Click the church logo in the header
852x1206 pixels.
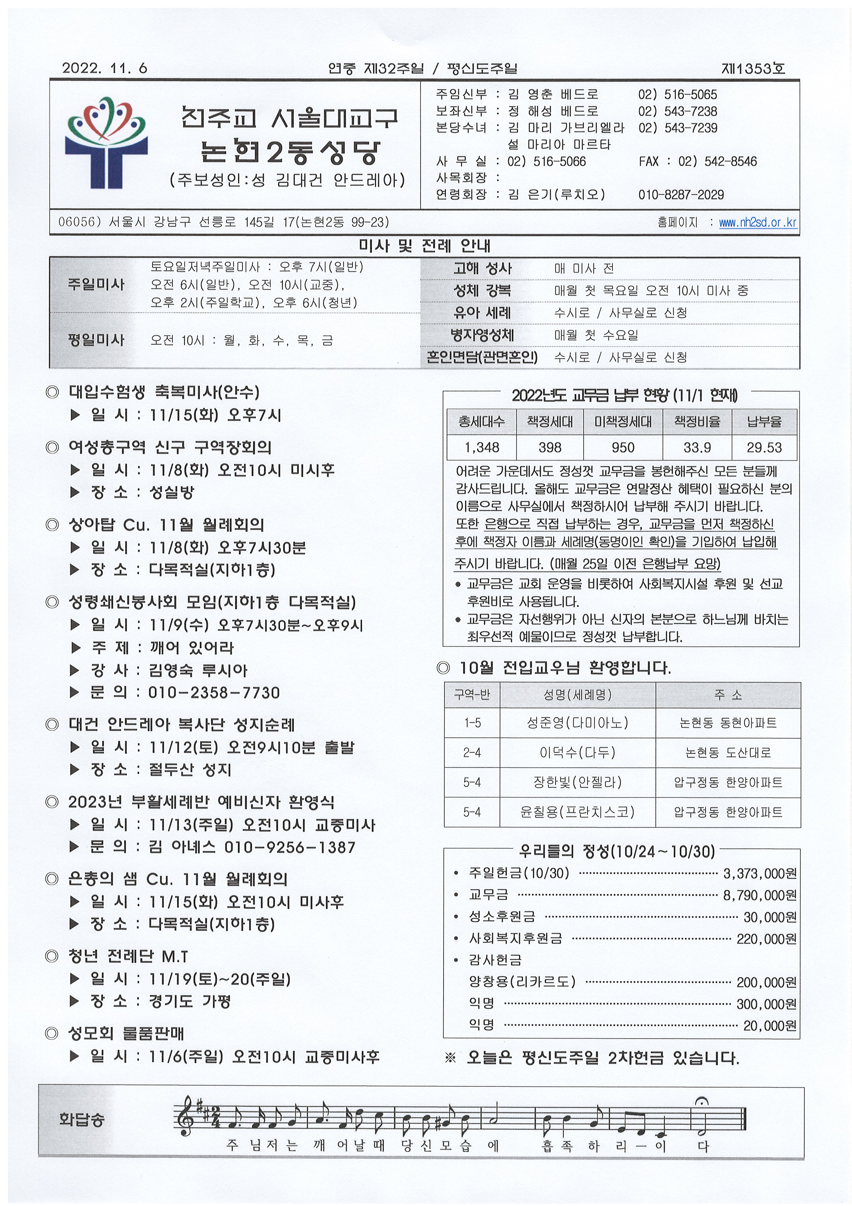(x=106, y=142)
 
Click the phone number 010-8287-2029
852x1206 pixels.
(x=681, y=195)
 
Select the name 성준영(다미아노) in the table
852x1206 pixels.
(x=578, y=723)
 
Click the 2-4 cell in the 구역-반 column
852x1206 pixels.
(x=472, y=753)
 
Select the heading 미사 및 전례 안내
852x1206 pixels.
(x=424, y=245)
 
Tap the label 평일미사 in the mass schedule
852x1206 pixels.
(x=96, y=340)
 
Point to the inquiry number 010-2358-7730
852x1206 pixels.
(x=214, y=692)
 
